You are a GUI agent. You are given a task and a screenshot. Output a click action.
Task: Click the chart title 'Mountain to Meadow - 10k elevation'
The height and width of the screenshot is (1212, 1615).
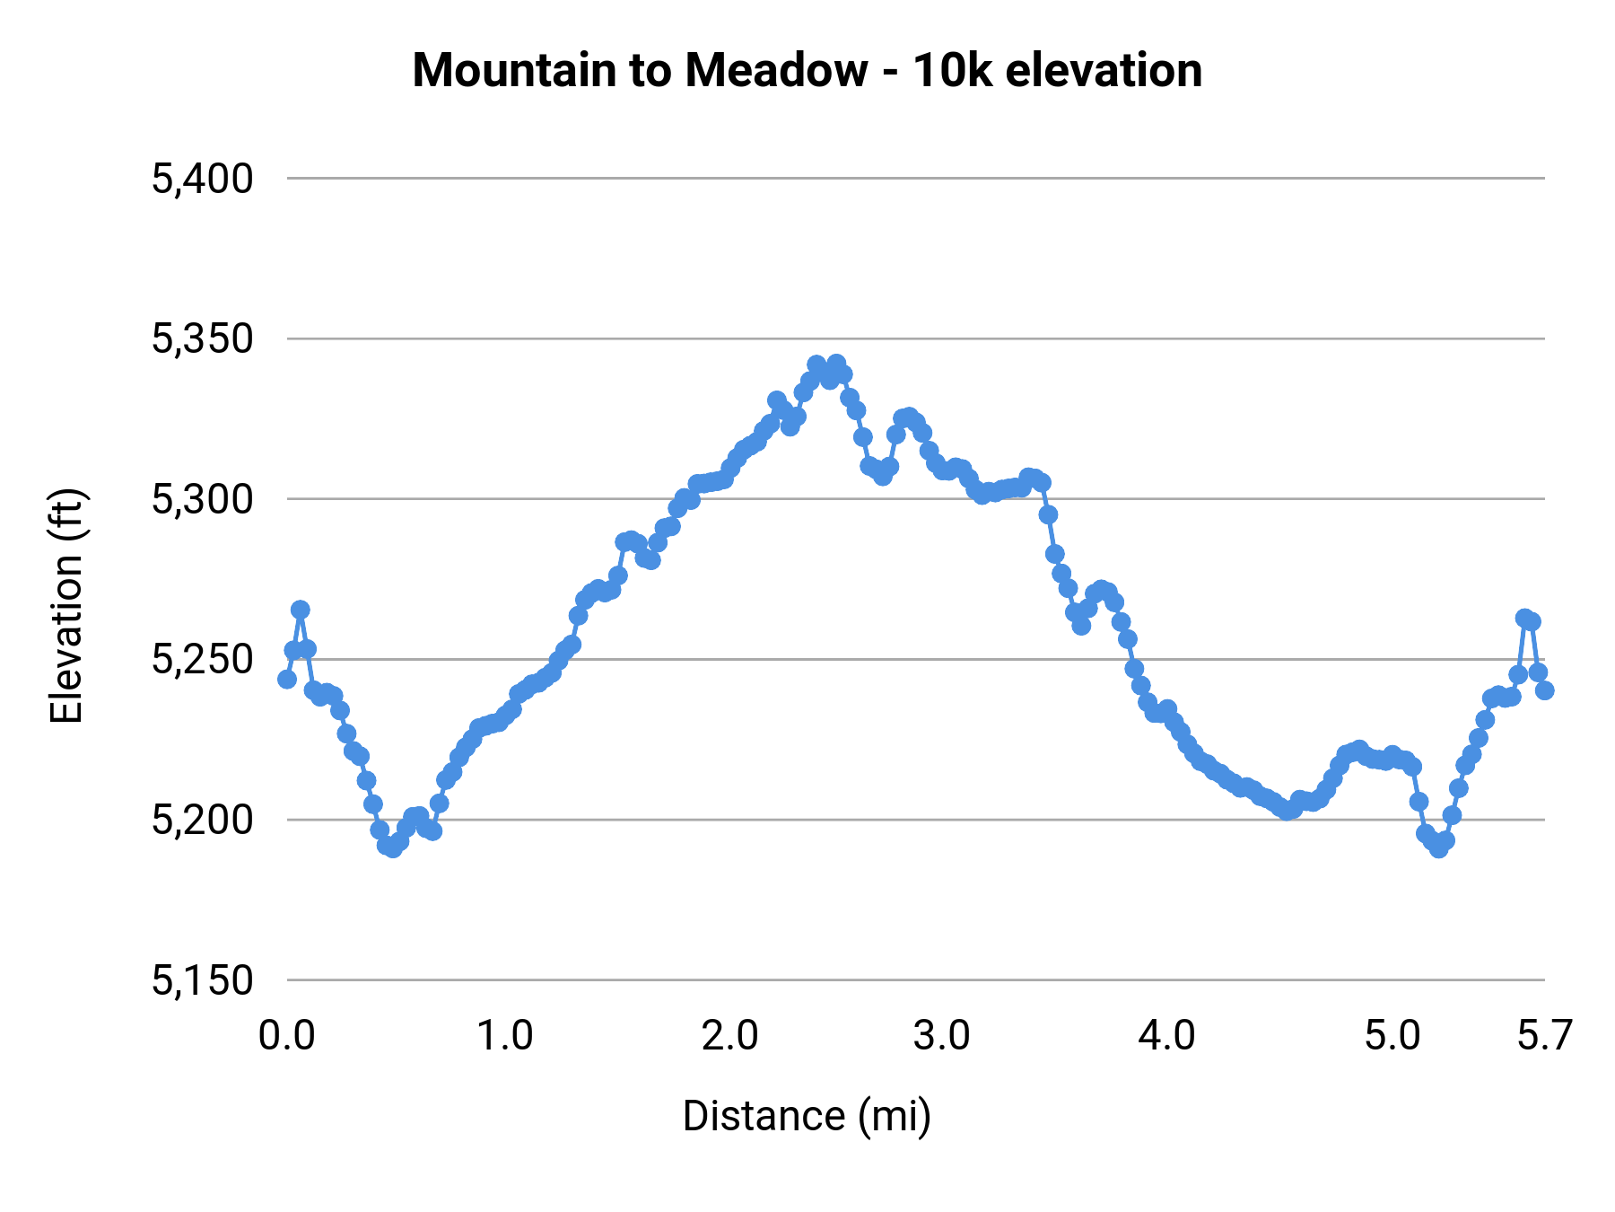pos(807,70)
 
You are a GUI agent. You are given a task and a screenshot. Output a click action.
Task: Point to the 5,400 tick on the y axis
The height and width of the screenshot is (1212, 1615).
pos(203,179)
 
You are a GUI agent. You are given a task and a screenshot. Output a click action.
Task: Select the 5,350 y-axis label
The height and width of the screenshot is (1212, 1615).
pos(203,339)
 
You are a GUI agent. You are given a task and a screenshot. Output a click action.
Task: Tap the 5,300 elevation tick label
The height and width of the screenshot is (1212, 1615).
pos(203,499)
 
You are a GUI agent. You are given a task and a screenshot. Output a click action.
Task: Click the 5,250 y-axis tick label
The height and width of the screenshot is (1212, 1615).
pos(203,660)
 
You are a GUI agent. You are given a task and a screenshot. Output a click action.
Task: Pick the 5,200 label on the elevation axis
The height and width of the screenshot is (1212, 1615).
pos(203,820)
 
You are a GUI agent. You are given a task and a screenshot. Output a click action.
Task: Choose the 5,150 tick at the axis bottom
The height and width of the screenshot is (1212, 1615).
pos(203,980)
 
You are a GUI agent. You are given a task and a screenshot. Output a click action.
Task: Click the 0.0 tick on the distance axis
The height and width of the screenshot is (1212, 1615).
pos(287,1036)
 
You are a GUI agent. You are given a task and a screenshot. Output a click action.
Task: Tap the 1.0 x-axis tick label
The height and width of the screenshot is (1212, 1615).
pos(505,1036)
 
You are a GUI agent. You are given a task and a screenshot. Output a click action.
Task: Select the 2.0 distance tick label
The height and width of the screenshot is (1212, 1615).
pos(730,1036)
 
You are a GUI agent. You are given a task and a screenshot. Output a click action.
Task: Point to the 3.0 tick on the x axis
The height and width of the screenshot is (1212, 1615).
pos(942,1036)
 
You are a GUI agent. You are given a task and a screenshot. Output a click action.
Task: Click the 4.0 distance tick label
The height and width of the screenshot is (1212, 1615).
pos(1166,1036)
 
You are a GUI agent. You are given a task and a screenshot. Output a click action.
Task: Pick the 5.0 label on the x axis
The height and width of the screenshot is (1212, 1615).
pos(1392,1036)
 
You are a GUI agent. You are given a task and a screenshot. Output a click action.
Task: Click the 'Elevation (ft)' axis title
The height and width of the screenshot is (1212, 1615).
pos(66,606)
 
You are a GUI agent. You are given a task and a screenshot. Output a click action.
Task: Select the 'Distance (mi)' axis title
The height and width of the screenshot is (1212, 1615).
pos(807,1116)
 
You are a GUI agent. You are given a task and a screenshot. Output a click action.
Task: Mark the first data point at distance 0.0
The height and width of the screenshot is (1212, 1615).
pos(287,679)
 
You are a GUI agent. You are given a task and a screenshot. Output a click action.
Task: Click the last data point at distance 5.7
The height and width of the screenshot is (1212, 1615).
pos(1544,689)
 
